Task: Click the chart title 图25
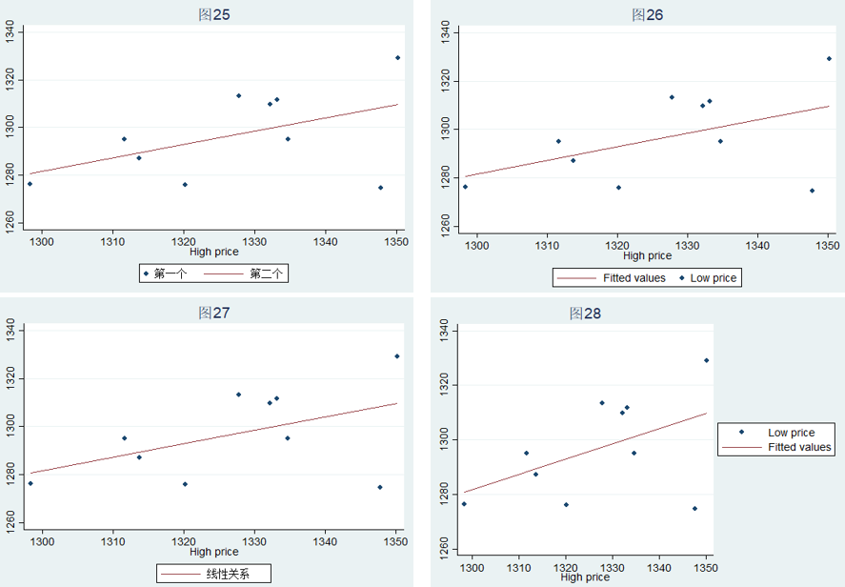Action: [213, 15]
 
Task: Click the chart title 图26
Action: [647, 15]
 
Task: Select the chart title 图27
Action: [213, 313]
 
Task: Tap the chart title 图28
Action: [585, 313]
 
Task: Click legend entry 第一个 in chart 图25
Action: [169, 274]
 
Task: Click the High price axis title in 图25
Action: [214, 253]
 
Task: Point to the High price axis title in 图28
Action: [585, 577]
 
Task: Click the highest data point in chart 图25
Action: [397, 58]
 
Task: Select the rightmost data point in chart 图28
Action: [706, 360]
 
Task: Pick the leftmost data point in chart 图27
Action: [30, 483]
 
